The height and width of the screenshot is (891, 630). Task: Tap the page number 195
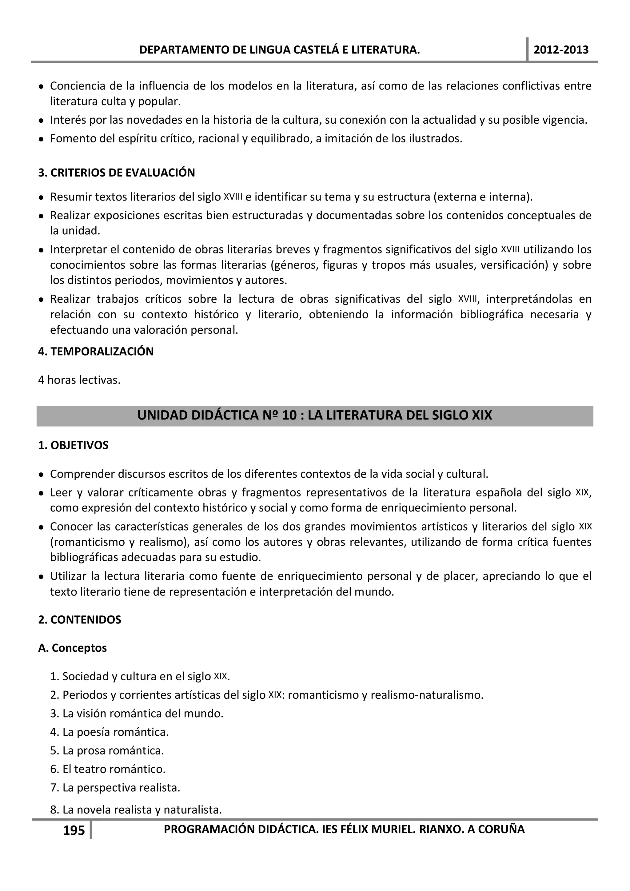pos(74,830)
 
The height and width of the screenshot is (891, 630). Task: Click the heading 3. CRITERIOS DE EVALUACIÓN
pos(117,173)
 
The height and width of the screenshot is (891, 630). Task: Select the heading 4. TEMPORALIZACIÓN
pos(96,351)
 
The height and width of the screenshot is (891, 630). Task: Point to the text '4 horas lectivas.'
pos(79,380)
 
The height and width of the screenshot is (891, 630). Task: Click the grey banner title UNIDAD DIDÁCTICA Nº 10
pos(314,415)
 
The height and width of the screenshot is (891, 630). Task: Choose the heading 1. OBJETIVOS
pos(73,445)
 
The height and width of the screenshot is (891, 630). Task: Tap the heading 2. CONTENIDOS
pos(80,620)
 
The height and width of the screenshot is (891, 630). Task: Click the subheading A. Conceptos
pos(72,648)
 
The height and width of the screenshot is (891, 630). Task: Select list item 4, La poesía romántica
pos(110,732)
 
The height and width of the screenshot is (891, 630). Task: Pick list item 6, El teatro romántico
pos(108,769)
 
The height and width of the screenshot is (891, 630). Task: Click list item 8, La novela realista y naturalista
pos(136,810)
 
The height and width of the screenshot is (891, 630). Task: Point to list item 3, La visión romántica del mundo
pos(137,714)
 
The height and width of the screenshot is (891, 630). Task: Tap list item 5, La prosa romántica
pos(107,750)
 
